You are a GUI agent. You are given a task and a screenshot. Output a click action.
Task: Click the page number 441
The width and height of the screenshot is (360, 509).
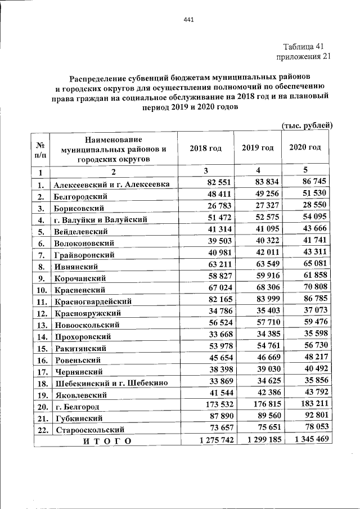188,21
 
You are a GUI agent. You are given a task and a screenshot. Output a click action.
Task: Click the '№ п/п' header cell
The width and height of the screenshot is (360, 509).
40,148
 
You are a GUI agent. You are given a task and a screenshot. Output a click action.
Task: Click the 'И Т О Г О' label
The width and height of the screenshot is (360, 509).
107,442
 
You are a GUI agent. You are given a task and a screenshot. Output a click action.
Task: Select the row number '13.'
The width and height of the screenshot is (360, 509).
40,325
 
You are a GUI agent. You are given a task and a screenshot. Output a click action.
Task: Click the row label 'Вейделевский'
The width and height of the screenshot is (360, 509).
81,232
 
